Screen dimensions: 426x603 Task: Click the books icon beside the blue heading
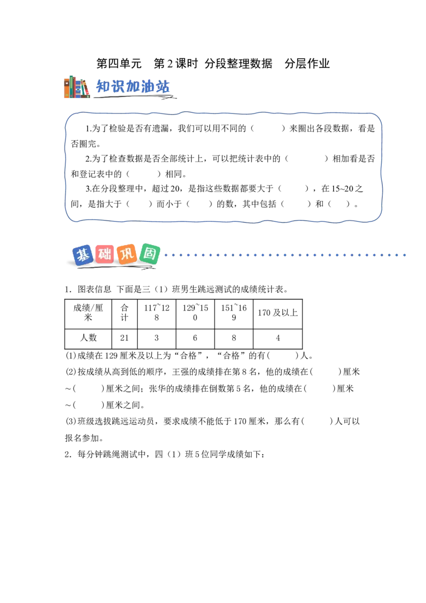click(x=77, y=87)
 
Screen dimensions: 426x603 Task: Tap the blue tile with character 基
click(x=83, y=255)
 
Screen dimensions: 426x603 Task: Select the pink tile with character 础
click(x=104, y=254)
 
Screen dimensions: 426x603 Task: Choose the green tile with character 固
click(x=150, y=254)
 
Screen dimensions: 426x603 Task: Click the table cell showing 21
click(x=125, y=338)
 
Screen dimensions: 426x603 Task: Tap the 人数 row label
click(x=88, y=338)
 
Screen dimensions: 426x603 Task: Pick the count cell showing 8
click(x=234, y=338)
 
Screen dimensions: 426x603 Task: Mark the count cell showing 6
click(x=195, y=338)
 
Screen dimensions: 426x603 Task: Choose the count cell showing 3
click(x=157, y=338)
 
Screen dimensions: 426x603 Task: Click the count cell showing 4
click(x=277, y=338)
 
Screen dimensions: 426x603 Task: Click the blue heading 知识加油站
click(x=133, y=86)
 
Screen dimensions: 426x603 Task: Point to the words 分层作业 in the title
click(x=307, y=63)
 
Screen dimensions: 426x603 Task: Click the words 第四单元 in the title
click(x=119, y=63)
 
